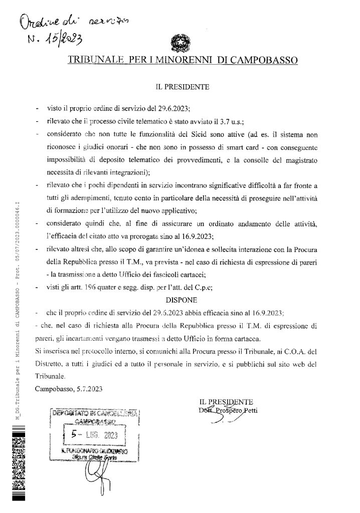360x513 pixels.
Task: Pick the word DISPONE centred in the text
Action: [179, 301]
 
